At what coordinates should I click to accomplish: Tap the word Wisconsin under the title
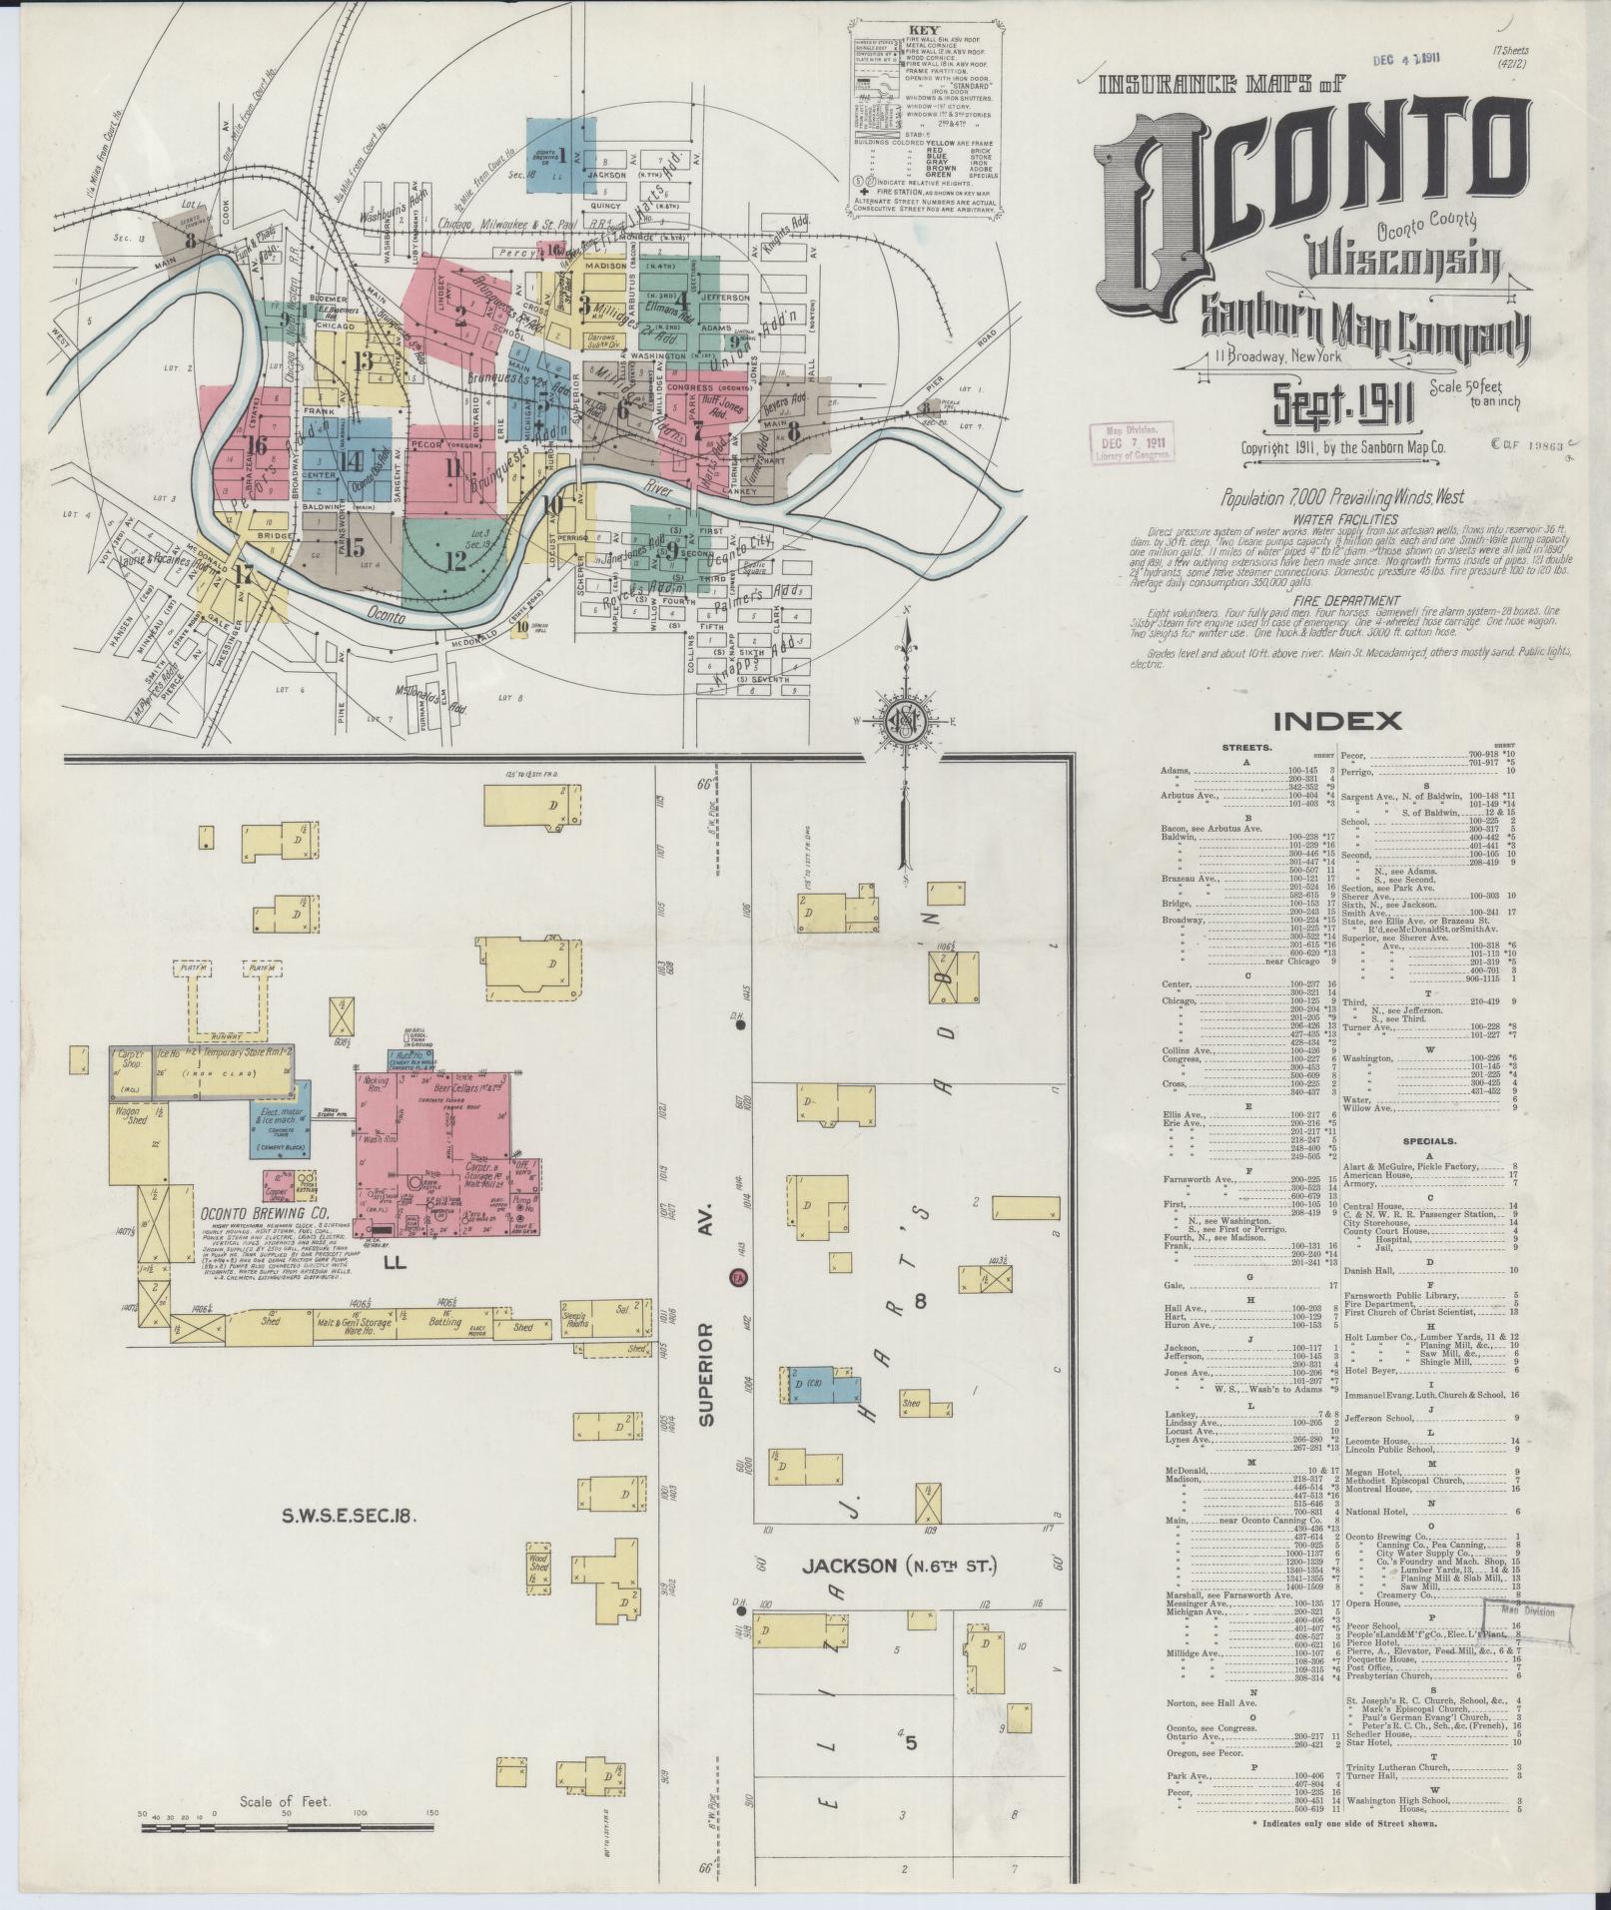tap(1403, 258)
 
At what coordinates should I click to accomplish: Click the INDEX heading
tap(1336, 720)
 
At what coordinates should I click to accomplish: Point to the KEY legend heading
tap(921, 31)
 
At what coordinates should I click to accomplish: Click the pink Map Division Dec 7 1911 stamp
tap(1130, 440)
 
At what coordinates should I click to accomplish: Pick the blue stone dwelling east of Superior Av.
tap(822, 1388)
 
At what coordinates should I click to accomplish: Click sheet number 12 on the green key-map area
tap(455, 561)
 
